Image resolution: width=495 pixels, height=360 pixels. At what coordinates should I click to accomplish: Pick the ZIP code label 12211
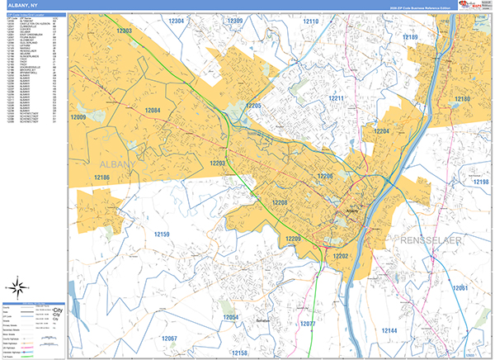(x=337, y=98)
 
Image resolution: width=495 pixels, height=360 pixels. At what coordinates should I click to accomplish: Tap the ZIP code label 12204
(x=382, y=131)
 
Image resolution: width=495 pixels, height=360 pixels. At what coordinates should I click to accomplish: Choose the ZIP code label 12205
(x=253, y=107)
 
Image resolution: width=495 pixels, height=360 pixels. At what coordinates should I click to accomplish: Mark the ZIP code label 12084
(x=153, y=111)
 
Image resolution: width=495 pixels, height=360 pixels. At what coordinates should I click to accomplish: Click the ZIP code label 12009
(x=78, y=118)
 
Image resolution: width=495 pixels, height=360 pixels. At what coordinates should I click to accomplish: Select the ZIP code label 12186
(x=101, y=178)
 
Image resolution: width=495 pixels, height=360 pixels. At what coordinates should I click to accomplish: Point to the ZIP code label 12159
(x=162, y=234)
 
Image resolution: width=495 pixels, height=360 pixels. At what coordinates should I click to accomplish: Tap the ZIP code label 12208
(x=280, y=202)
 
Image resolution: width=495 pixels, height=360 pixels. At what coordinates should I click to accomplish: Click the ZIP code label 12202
(x=342, y=257)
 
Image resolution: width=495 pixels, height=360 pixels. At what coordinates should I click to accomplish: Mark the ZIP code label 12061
(x=460, y=287)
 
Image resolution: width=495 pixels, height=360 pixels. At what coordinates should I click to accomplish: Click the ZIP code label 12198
(x=481, y=182)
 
